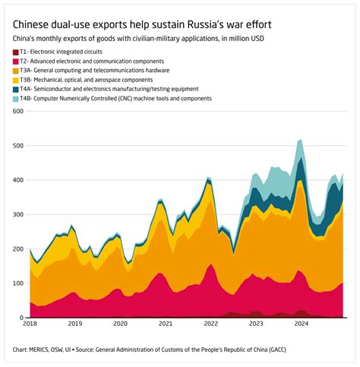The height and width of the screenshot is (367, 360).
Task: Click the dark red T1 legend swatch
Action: [x=16, y=52]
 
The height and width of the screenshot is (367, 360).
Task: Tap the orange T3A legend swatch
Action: [x=16, y=71]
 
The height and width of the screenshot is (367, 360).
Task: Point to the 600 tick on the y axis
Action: [x=18, y=111]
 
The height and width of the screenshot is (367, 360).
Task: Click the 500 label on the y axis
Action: [x=18, y=145]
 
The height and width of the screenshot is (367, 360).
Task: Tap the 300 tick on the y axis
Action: [x=18, y=214]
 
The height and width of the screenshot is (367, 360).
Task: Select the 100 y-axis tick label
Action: [x=18, y=283]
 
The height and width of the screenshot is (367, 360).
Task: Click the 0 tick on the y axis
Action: [x=22, y=318]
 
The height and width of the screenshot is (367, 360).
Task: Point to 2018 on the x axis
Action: [x=30, y=324]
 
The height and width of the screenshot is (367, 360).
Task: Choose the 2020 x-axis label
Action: [x=121, y=324]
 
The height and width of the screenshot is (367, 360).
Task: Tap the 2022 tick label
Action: [x=210, y=324]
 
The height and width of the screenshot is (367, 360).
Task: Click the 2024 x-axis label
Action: [x=301, y=324]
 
